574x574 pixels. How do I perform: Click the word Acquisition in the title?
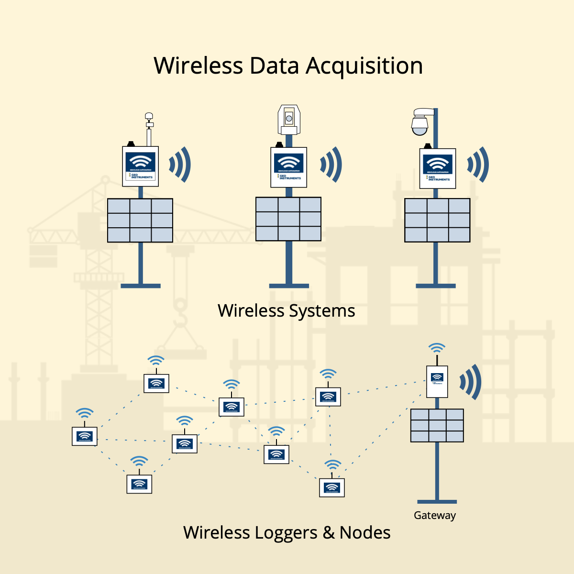(x=364, y=66)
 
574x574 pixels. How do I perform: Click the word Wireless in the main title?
(x=198, y=66)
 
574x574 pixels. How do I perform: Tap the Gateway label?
(x=434, y=516)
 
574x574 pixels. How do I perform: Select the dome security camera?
(x=420, y=122)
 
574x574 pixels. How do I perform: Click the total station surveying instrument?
(x=289, y=120)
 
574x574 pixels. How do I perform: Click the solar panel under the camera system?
(x=437, y=220)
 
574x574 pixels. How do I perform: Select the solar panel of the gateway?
(x=437, y=425)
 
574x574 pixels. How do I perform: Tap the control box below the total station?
(x=289, y=167)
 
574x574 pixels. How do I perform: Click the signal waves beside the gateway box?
(x=471, y=382)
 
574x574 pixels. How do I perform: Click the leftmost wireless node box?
(x=85, y=436)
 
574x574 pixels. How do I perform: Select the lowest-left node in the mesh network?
(x=139, y=484)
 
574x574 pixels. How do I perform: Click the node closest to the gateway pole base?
(x=332, y=487)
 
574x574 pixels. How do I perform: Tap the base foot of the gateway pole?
(x=437, y=502)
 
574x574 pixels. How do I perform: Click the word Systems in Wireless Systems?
(x=321, y=311)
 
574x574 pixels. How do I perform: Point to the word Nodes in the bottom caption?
(x=365, y=533)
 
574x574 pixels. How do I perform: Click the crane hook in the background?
(x=180, y=310)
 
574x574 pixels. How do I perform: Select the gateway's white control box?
(x=437, y=382)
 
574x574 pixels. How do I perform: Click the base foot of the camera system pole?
(x=436, y=286)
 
